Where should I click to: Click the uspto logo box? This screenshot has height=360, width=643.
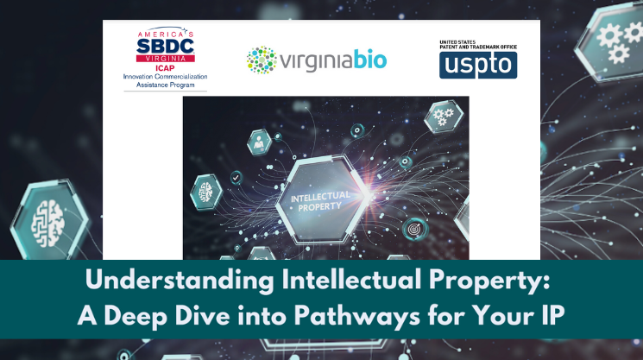click(478, 65)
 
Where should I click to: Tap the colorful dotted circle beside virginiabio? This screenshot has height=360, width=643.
click(262, 60)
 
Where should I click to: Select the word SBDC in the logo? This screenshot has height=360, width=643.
click(165, 46)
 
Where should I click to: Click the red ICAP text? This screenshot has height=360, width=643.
click(165, 68)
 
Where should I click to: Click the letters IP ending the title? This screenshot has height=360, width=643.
click(553, 316)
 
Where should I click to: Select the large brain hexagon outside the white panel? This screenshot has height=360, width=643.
click(49, 222)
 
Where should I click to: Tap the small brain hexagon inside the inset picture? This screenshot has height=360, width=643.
click(206, 192)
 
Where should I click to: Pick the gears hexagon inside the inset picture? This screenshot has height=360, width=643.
click(444, 116)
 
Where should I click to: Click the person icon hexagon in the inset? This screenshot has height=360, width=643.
click(259, 142)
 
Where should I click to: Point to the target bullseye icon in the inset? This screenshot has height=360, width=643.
click(414, 229)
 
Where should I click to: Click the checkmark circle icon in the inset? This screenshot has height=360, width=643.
click(236, 178)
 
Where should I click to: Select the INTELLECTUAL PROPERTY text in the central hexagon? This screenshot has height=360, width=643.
click(320, 201)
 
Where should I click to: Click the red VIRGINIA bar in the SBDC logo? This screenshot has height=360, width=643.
click(165, 59)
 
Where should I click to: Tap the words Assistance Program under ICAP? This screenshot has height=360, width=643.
click(165, 85)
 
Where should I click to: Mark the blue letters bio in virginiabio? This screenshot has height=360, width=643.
click(370, 60)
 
